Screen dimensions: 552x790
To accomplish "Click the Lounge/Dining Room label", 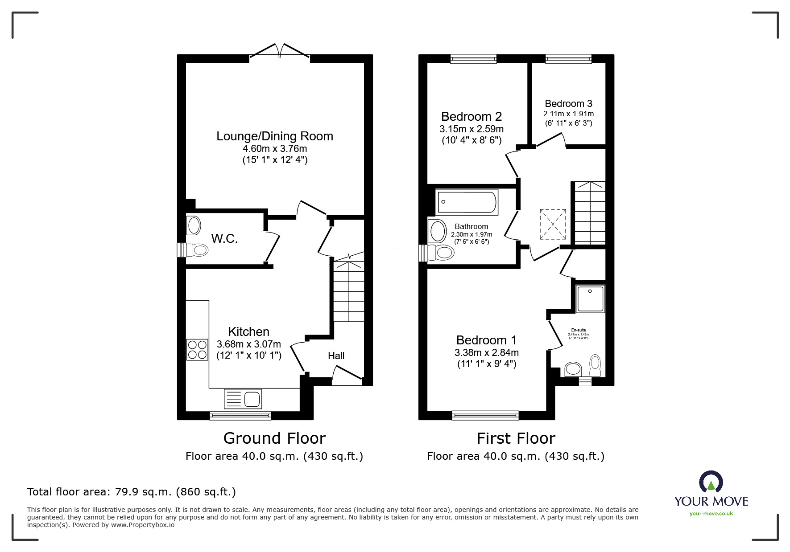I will click(275, 136).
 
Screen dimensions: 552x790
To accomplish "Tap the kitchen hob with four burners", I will click(197, 350).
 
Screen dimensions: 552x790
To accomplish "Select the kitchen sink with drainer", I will click(243, 398).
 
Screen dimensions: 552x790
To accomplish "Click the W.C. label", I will click(224, 239).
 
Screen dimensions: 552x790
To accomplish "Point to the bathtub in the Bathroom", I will click(467, 202).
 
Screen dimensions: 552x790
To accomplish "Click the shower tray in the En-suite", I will click(590, 298).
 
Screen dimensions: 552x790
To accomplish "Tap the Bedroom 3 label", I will click(568, 104).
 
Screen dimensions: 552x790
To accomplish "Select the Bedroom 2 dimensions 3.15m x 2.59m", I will click(472, 129).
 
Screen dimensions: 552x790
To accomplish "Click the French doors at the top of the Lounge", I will click(280, 51).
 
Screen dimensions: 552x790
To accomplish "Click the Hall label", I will click(336, 356).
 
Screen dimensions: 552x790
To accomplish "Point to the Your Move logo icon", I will click(711, 482).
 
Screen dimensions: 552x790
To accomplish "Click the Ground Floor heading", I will click(274, 438).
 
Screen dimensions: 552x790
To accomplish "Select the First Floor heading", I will click(516, 438).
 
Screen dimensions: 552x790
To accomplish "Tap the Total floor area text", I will click(132, 492).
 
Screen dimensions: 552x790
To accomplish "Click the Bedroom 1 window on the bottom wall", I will click(485, 415).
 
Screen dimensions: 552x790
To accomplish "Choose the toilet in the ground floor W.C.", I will click(198, 250).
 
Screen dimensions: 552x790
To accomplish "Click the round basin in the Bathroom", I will click(437, 231).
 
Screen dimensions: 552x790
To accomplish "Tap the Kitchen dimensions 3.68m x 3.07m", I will click(248, 344).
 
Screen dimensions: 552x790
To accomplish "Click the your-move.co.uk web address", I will click(711, 514).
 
